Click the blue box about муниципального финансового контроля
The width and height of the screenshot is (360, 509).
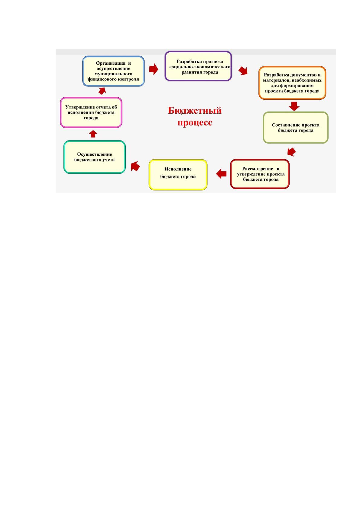tap(113, 71)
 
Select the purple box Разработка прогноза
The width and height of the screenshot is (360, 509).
tap(198, 66)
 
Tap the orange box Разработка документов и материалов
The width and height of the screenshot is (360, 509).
tap(292, 83)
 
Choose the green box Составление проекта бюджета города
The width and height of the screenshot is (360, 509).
tap(295, 128)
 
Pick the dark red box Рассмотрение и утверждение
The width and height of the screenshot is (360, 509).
tap(260, 174)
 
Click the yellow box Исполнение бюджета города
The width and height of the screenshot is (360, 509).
tap(178, 175)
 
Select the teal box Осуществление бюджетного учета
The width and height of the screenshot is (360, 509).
tap(95, 157)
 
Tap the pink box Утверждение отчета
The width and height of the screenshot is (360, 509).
tap(91, 112)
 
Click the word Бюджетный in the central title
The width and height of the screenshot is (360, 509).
tap(195, 110)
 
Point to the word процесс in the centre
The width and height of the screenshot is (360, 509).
tap(195, 122)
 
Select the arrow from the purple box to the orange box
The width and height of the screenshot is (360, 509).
tap(243, 71)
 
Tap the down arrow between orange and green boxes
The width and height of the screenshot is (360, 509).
tap(294, 106)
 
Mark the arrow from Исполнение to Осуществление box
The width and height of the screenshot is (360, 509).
tap(135, 166)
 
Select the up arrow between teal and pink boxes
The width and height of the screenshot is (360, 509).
tap(93, 134)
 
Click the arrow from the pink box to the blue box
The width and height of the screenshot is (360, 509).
tap(102, 91)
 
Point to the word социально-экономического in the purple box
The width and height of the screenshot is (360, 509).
tap(200, 67)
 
